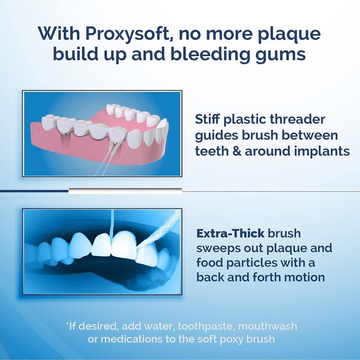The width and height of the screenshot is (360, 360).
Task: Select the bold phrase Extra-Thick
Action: click(x=230, y=234)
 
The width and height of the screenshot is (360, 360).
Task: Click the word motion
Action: click(x=303, y=276)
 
